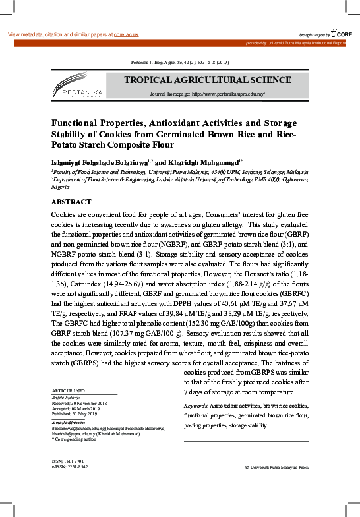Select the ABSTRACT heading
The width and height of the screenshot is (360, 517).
pyautogui.click(x=71, y=202)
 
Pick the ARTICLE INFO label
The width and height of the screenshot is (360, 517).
pyautogui.click(x=68, y=390)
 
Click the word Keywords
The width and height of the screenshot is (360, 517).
pyautogui.click(x=195, y=405)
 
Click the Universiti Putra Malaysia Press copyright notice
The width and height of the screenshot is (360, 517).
pyautogui.click(x=277, y=467)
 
